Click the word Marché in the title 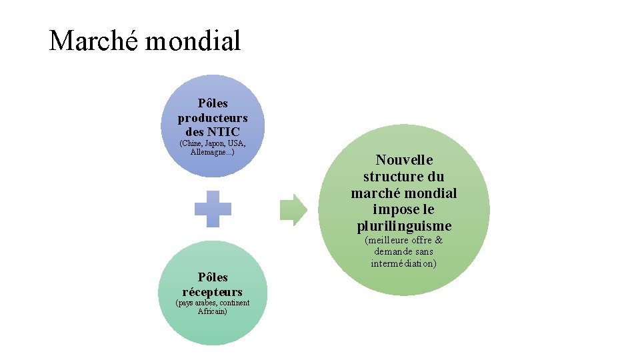coord(94,41)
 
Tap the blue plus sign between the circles coord(213,209)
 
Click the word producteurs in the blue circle coord(213,118)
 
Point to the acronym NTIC coord(223,132)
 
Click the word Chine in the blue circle coord(191,144)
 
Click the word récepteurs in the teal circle coord(213,291)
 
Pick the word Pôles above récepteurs coord(213,277)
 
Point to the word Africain coord(213,311)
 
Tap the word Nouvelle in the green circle coord(404,160)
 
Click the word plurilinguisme coord(404,226)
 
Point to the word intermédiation coord(404,263)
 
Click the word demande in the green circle coord(392,252)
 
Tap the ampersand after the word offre coord(438,240)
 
